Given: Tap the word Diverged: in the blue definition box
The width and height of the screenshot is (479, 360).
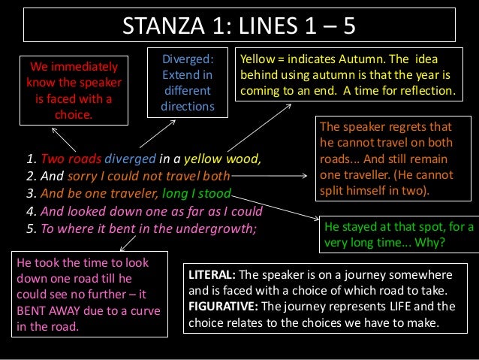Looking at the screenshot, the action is tap(188, 59).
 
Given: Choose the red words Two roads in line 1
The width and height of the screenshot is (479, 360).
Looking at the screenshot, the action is tap(70, 159).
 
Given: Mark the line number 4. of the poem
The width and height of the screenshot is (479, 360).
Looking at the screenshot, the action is tap(32, 210).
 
